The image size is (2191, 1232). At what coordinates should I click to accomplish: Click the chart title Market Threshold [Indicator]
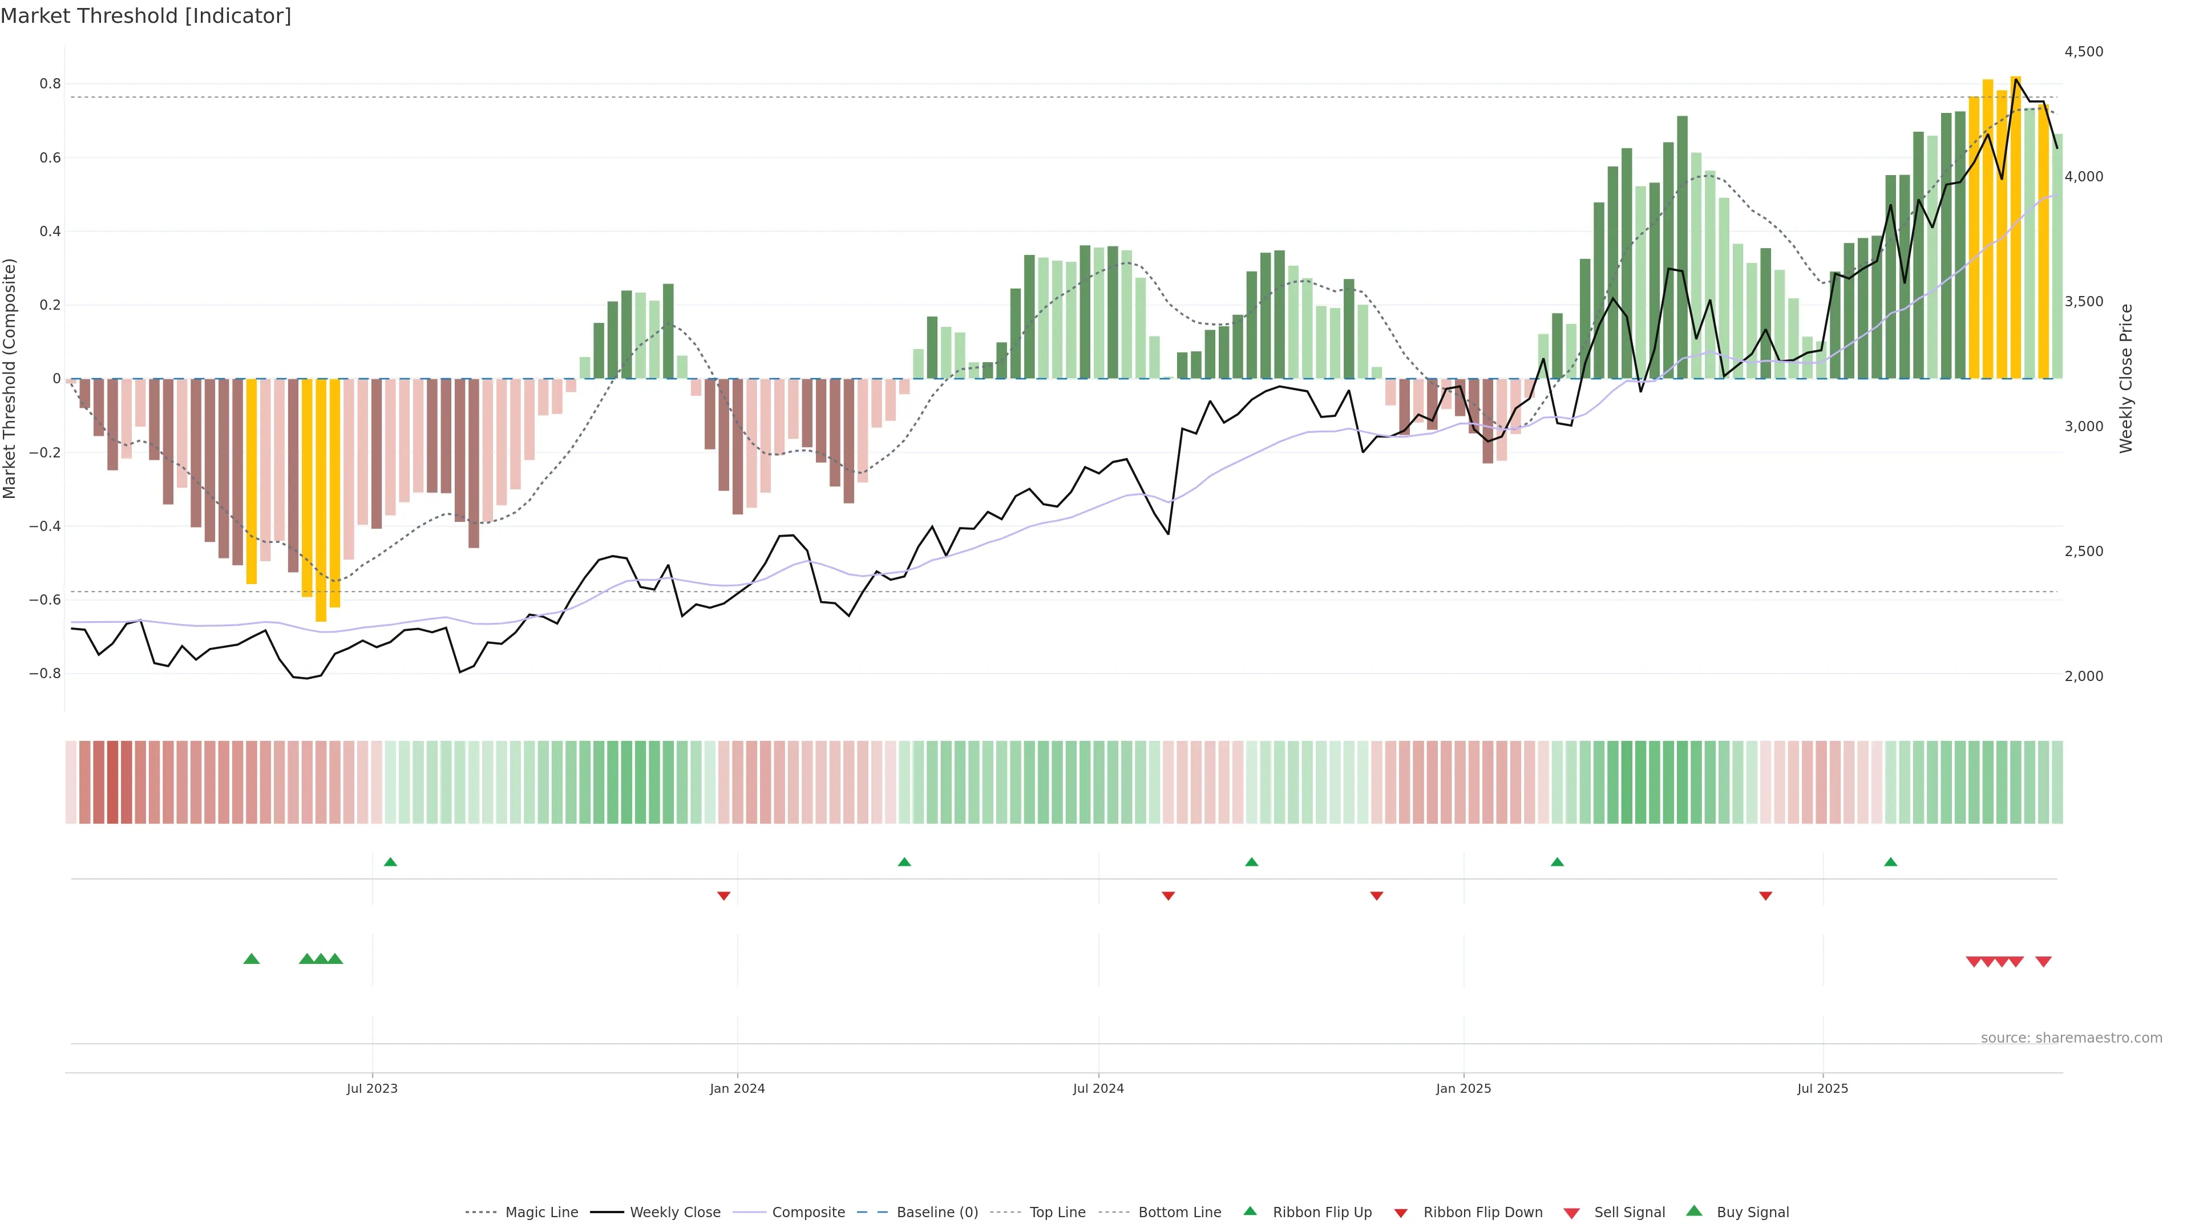click(x=145, y=16)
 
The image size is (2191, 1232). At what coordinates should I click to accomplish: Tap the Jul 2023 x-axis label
click(x=371, y=1088)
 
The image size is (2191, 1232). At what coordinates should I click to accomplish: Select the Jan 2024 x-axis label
click(x=737, y=1088)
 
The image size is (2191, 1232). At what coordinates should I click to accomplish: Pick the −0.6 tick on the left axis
click(x=45, y=599)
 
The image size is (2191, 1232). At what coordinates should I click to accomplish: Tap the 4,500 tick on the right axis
click(x=2083, y=52)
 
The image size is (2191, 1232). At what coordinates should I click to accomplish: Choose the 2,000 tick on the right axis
click(x=2083, y=676)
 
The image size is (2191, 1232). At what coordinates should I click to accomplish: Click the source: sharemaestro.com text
click(x=2071, y=1038)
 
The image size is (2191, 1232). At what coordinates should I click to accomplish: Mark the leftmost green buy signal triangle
click(x=251, y=959)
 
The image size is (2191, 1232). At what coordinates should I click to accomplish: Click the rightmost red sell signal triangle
click(x=2043, y=962)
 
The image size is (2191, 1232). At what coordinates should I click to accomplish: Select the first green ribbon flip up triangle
click(x=390, y=862)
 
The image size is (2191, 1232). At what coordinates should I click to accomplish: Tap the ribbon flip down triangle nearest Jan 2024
click(x=724, y=895)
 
